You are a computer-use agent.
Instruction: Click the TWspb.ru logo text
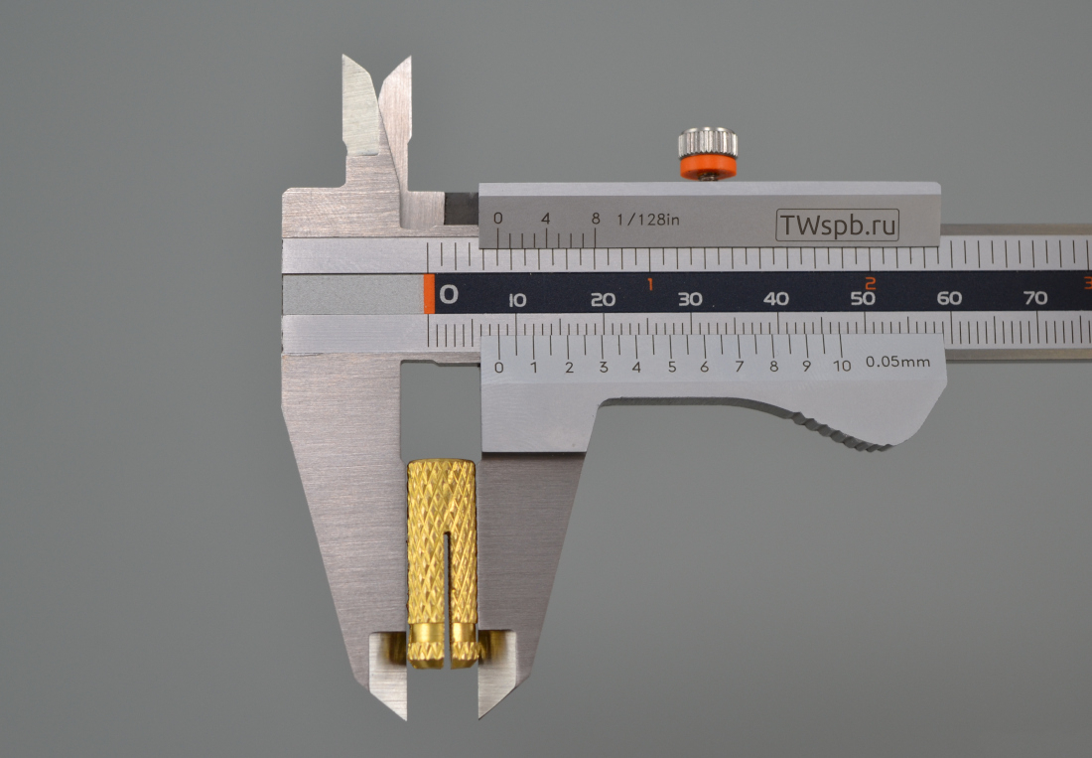click(837, 226)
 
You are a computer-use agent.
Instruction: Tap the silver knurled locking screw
click(708, 143)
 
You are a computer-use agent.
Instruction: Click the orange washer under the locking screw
click(708, 167)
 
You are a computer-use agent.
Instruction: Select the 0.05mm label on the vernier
click(897, 362)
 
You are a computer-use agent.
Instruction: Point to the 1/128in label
click(647, 220)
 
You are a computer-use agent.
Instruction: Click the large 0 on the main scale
click(449, 294)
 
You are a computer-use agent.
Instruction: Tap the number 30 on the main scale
click(690, 299)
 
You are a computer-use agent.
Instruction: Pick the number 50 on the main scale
click(862, 298)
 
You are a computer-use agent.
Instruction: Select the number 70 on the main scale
click(1034, 297)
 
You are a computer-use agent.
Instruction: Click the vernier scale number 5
click(671, 367)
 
